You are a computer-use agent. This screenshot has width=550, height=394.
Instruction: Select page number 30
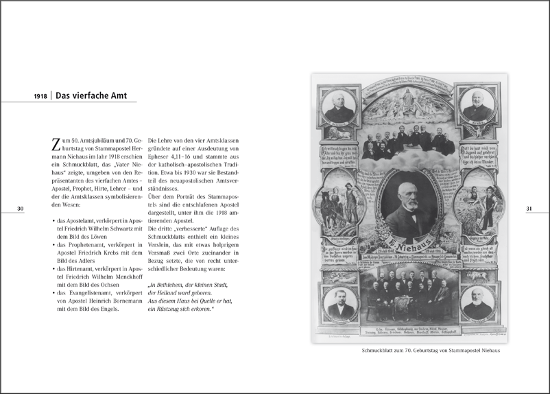(21, 208)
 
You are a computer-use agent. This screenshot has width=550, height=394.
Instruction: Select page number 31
(529, 208)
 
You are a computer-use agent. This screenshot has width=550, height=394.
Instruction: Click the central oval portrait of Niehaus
(410, 206)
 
